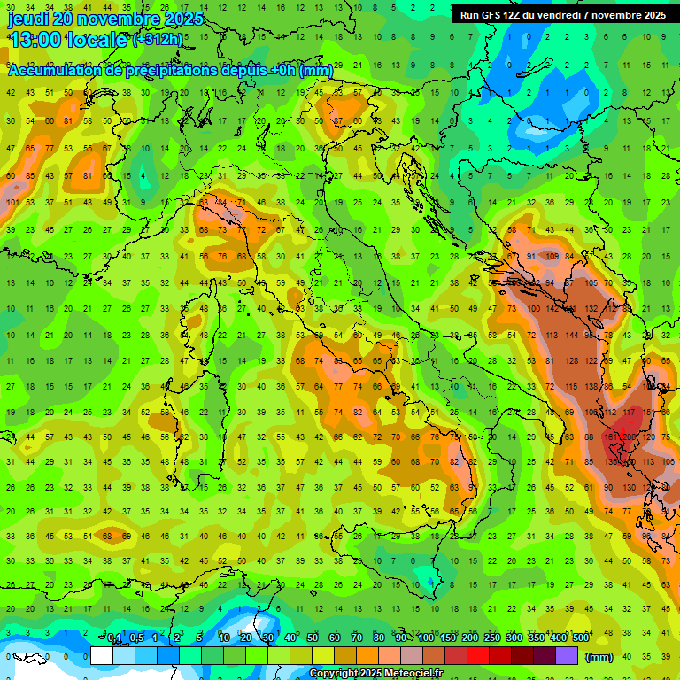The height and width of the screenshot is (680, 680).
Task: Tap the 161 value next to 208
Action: pos(610,437)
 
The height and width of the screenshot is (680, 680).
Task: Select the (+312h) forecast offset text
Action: pos(158,40)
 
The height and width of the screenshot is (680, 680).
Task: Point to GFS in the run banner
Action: pos(490,15)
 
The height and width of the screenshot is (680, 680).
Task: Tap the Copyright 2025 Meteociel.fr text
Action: pos(375,674)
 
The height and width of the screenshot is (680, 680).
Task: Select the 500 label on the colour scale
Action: pos(580,638)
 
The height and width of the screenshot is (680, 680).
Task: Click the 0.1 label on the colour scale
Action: pos(114,638)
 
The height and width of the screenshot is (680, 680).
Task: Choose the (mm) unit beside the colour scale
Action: pos(599,657)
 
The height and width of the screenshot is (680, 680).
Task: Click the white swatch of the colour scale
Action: pos(102,656)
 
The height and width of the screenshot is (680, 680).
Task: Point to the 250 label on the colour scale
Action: pos(491,638)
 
